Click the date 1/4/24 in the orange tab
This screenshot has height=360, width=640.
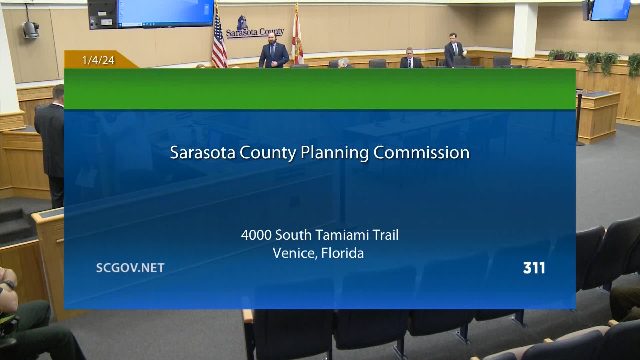click(x=98, y=60)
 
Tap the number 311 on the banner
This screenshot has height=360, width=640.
click(x=534, y=268)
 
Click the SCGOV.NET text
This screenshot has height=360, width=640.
click(x=130, y=268)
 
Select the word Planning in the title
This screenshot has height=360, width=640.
click(x=334, y=153)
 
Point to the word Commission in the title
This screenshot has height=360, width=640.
click(x=421, y=152)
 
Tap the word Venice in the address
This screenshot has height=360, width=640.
click(x=295, y=253)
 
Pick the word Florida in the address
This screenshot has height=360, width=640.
click(x=342, y=253)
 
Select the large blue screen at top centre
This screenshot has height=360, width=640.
click(x=165, y=13)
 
